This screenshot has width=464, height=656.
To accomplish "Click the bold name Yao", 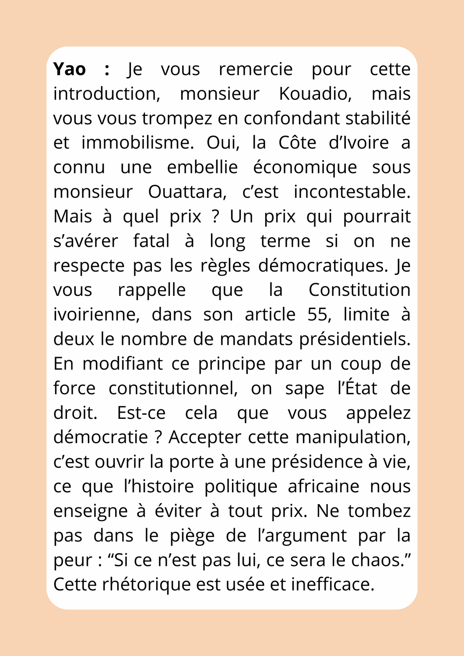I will click(x=70, y=70).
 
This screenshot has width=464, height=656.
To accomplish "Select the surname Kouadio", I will click(x=315, y=94).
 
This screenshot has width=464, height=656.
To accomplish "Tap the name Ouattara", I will click(x=187, y=192).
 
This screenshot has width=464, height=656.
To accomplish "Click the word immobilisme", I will click(x=137, y=143).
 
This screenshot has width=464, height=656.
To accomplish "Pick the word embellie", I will click(x=202, y=168).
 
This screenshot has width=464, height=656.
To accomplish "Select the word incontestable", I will click(x=352, y=192).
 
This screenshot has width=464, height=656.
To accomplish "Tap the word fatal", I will click(x=151, y=241).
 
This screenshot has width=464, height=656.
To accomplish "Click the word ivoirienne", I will click(x=96, y=315).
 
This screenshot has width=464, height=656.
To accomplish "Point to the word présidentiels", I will click(x=355, y=339).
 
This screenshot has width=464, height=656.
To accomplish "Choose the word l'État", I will click(x=357, y=388).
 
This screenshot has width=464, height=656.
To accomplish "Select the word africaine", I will click(x=323, y=486).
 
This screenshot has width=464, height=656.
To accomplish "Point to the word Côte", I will click(x=297, y=143).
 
